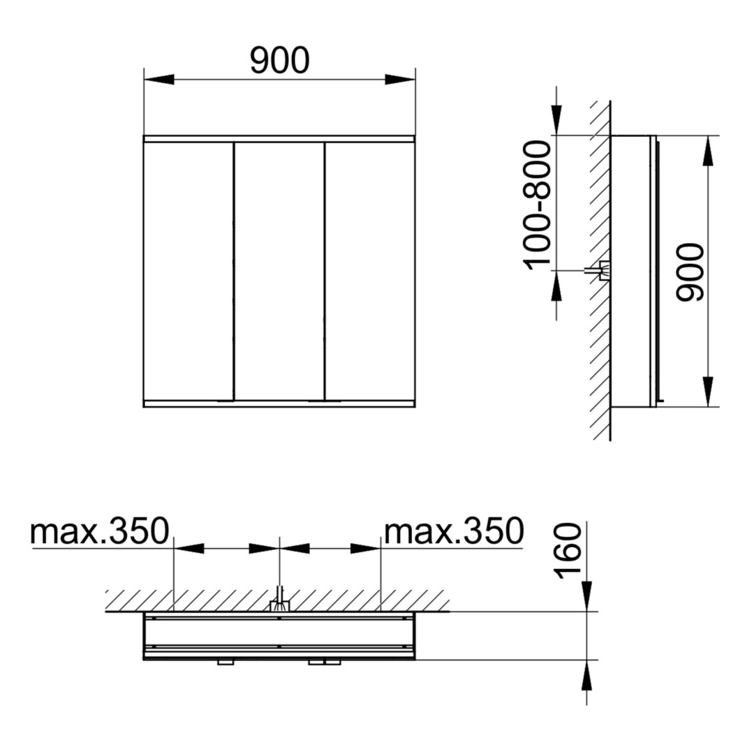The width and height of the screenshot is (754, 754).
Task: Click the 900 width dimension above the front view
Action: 280,60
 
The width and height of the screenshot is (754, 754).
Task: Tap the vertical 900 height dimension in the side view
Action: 690,273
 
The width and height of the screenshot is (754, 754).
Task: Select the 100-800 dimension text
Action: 538,205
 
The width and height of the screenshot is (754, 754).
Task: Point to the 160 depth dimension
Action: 568,550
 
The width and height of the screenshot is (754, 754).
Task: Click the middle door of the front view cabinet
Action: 279,271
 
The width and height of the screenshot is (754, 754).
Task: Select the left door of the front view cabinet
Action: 188,271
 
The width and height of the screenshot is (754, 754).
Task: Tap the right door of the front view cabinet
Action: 370,271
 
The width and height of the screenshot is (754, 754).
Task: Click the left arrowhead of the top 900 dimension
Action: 158,80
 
